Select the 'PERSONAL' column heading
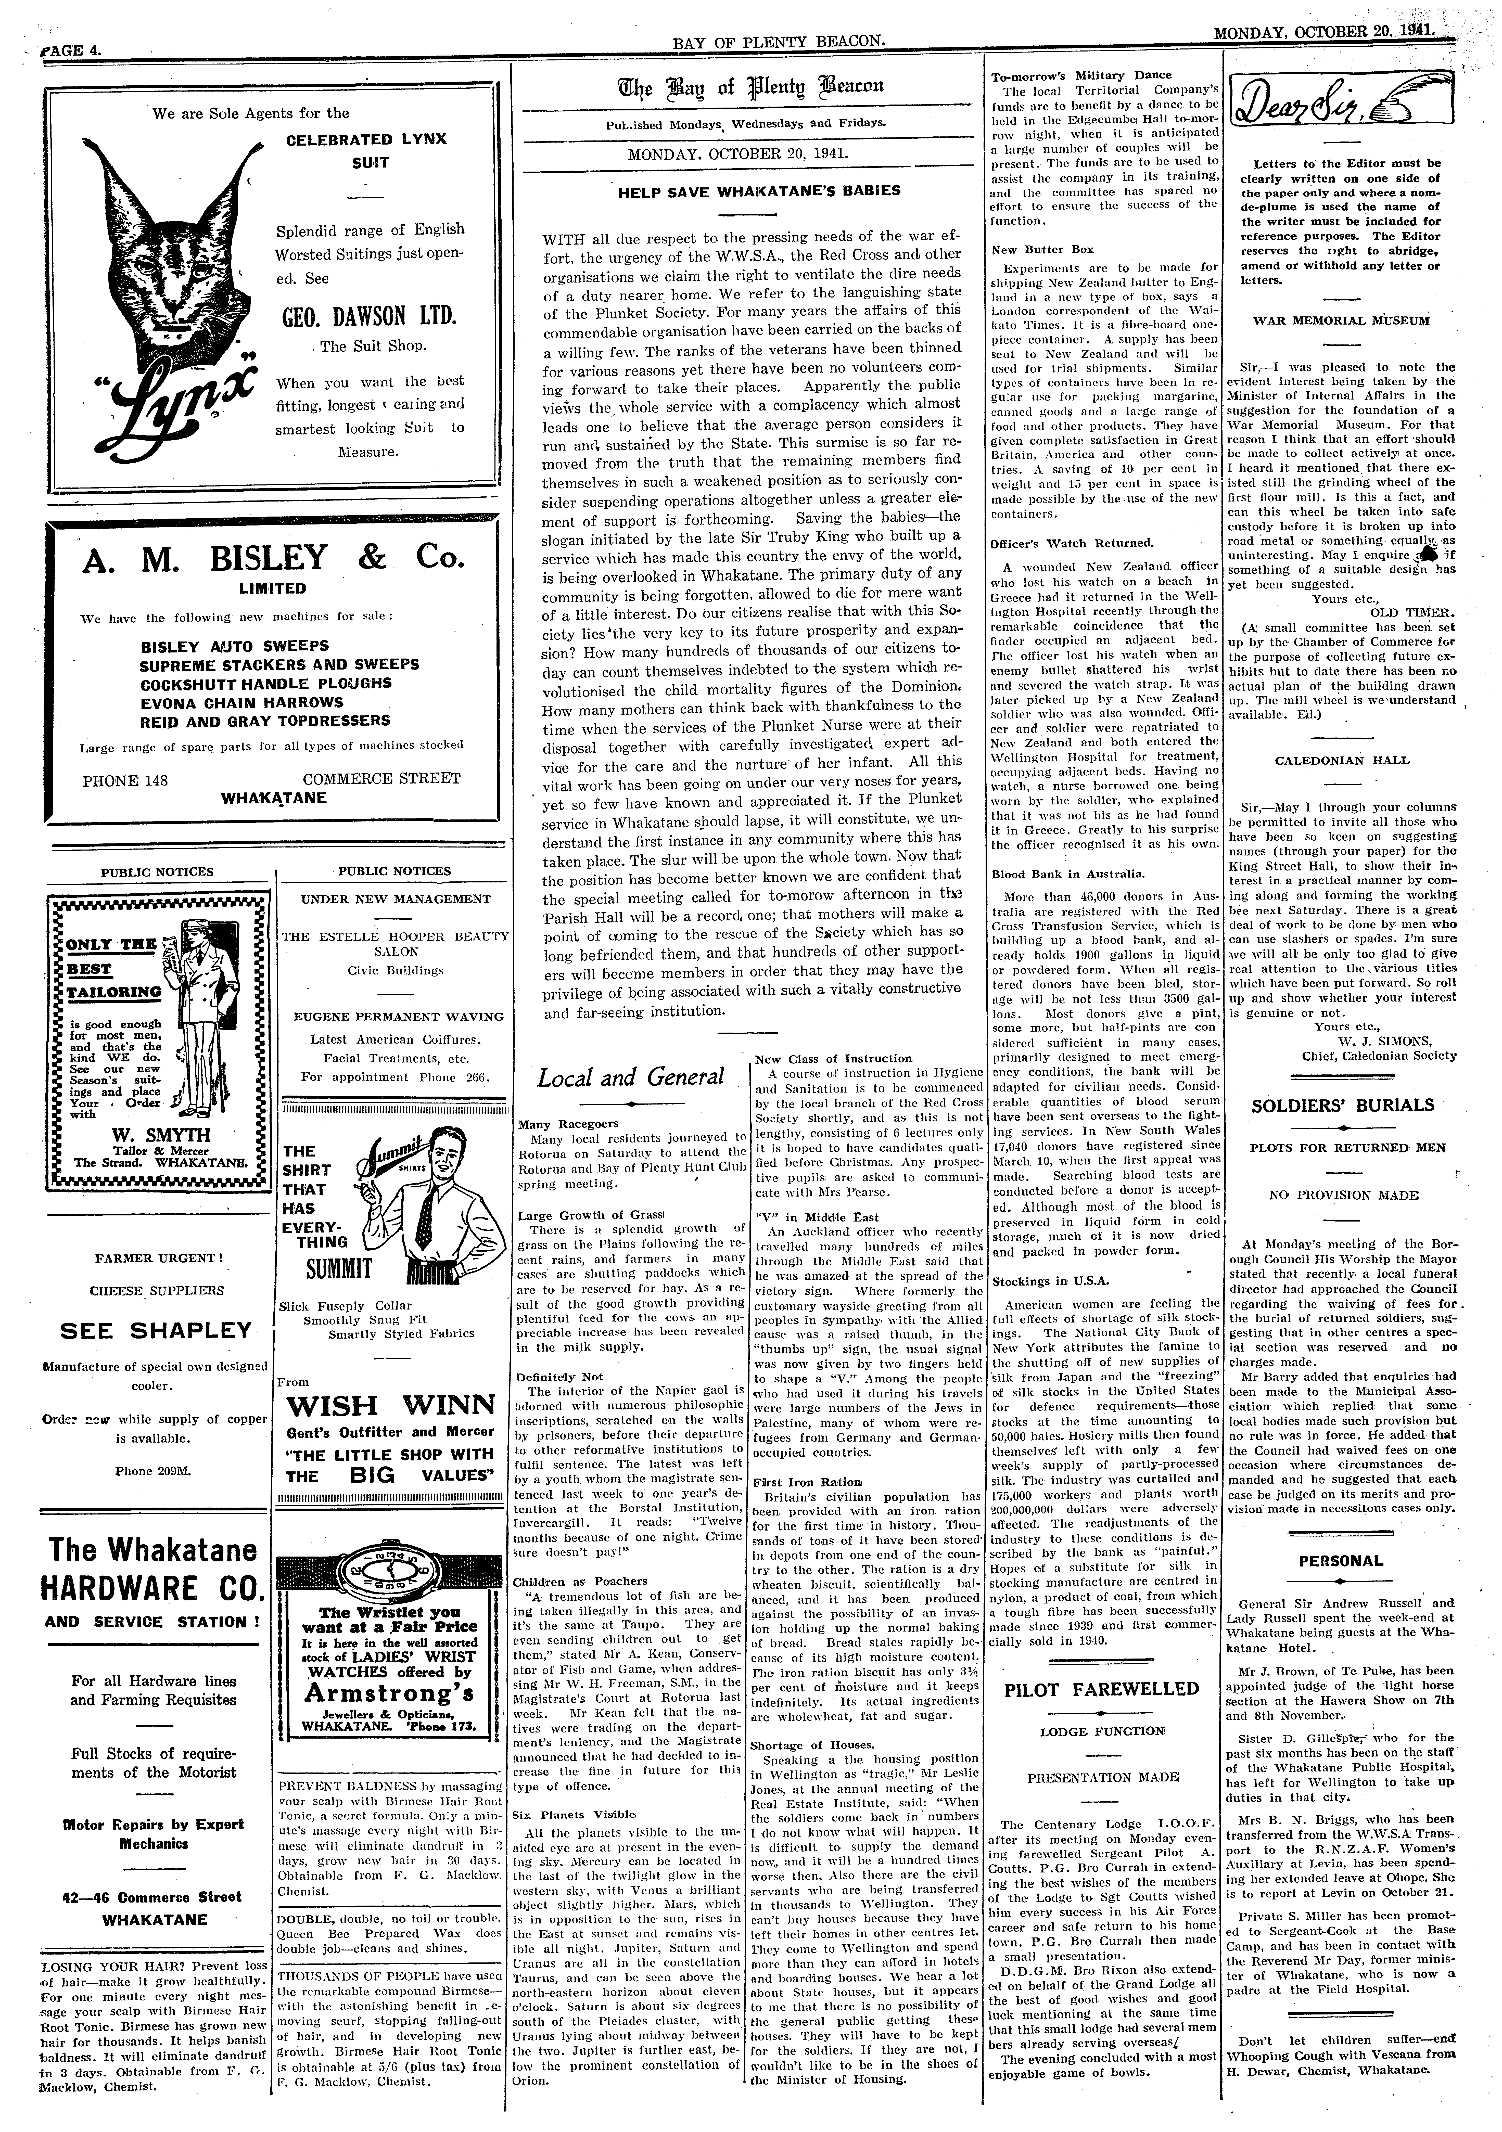(x=1340, y=1561)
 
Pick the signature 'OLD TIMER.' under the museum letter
(x=1410, y=611)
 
